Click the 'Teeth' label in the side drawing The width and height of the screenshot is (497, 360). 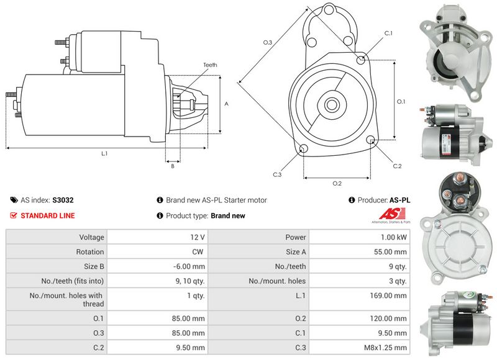tap(210, 65)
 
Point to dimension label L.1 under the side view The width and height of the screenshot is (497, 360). tap(104, 153)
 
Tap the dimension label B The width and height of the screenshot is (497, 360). tap(172, 166)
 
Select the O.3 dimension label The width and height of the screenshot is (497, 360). tap(267, 42)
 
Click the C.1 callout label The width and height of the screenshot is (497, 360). tap(388, 32)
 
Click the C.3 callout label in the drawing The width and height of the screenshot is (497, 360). tap(277, 174)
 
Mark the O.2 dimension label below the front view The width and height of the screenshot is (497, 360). tap(337, 183)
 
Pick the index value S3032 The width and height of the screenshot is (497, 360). tap(63, 200)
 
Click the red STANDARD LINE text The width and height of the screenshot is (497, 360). tap(48, 216)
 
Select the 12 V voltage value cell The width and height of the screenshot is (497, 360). tap(198, 237)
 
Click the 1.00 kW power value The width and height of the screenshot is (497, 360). tap(394, 237)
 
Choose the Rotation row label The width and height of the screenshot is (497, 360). tap(90, 252)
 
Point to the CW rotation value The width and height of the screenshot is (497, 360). tap(199, 252)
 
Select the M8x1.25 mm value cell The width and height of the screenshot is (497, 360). tap(387, 348)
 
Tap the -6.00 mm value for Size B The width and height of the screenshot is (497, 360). tap(190, 266)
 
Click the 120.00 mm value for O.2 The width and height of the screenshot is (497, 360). tap(391, 319)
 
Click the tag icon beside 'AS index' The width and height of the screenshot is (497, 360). tap(14, 200)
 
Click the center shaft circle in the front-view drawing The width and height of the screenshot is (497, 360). tap(331, 104)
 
